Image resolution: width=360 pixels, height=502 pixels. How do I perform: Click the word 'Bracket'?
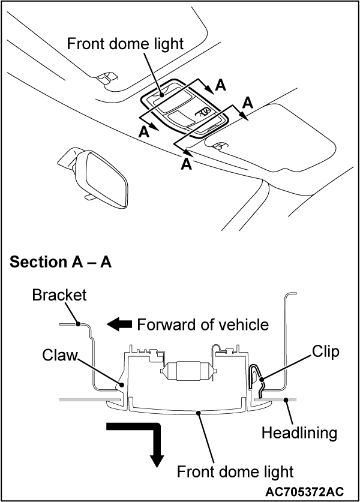59,295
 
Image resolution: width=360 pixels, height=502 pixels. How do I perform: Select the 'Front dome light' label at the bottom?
235,471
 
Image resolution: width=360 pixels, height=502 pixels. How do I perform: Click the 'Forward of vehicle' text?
203,325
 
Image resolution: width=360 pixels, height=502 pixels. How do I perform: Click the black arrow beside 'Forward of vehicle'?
119,324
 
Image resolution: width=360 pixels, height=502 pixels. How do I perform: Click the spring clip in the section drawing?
255,381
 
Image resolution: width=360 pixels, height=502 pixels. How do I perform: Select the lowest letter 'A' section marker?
187,164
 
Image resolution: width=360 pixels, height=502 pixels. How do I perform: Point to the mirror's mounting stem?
88,196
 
